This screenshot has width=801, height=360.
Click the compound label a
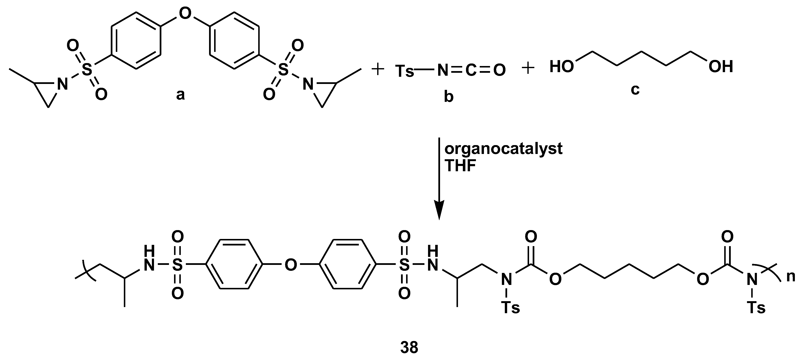(x=180, y=95)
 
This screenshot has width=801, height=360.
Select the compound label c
(x=635, y=90)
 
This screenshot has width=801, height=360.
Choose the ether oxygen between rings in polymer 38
(x=291, y=265)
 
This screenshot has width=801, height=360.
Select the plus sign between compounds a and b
(x=378, y=69)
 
